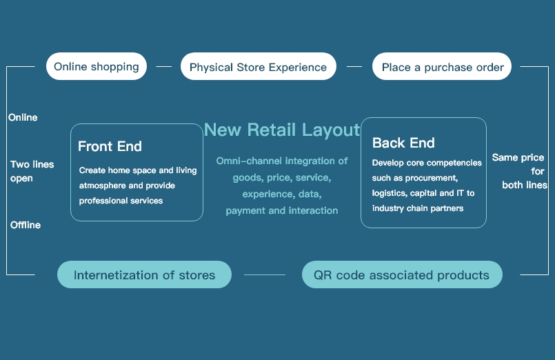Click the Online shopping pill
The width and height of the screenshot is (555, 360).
97,66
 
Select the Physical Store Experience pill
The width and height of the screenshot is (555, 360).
258,66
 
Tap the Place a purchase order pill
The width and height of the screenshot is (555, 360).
442,66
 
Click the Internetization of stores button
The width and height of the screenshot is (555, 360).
144,274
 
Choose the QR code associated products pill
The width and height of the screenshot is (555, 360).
402,274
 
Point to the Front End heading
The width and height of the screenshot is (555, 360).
110,146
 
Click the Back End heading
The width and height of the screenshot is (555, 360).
403,143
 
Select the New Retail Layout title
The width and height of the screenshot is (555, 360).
282,130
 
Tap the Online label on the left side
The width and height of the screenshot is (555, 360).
23,117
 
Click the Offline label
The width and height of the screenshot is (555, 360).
25,225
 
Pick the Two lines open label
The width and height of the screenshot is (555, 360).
32,171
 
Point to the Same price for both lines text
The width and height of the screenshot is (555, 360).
520,171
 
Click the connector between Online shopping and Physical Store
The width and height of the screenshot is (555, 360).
163,66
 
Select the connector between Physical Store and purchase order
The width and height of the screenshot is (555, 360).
354,66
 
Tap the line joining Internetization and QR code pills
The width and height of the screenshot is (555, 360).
265,274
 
